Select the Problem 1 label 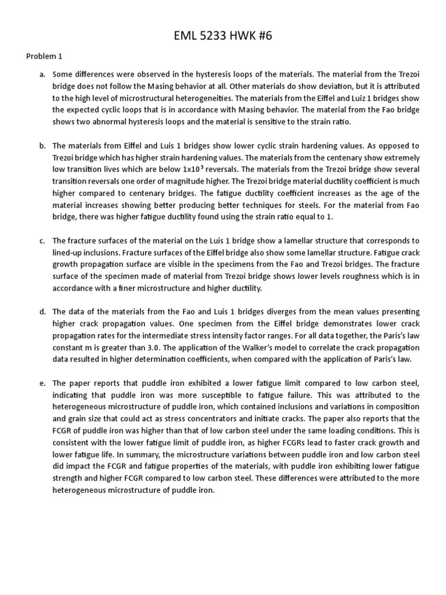coord(44,56)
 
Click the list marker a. coord(42,74)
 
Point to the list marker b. coord(42,145)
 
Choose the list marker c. coord(42,241)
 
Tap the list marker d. coord(42,312)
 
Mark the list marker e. coord(42,383)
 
